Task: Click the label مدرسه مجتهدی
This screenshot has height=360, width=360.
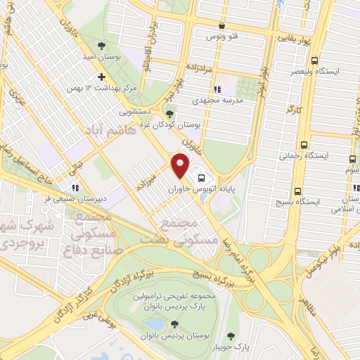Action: click(x=241, y=101)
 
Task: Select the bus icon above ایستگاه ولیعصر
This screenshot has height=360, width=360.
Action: click(x=314, y=60)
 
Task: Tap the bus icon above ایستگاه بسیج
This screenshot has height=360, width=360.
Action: click(x=298, y=191)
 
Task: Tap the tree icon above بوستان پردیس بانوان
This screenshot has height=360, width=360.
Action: click(x=174, y=324)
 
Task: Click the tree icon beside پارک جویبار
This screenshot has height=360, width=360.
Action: click(x=233, y=335)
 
